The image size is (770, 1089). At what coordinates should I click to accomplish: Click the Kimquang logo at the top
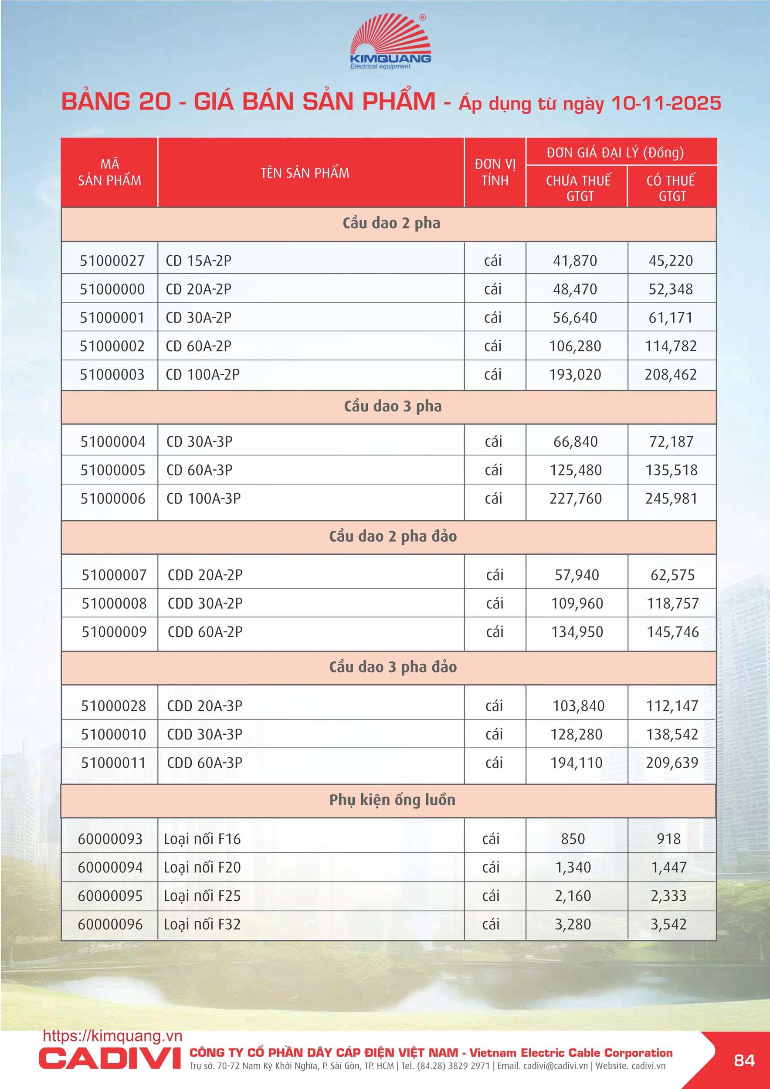(x=390, y=43)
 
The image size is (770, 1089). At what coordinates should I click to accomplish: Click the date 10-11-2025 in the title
(x=666, y=103)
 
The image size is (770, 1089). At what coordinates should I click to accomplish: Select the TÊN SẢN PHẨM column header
(x=305, y=173)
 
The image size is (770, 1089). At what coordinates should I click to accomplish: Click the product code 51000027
(x=112, y=261)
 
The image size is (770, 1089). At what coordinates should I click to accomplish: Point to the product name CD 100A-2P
(x=203, y=375)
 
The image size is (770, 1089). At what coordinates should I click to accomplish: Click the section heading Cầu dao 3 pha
(x=392, y=407)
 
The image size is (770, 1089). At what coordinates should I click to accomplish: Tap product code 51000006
(x=112, y=499)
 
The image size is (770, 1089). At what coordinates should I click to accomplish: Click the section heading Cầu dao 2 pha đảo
(x=392, y=536)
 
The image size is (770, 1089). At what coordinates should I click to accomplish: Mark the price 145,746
(x=672, y=632)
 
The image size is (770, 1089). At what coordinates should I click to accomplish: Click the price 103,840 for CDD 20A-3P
(x=578, y=706)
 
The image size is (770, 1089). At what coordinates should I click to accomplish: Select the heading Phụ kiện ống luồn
(x=392, y=800)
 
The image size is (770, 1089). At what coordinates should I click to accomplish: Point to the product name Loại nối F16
(x=202, y=839)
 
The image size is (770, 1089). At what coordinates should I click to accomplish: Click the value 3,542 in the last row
(x=668, y=924)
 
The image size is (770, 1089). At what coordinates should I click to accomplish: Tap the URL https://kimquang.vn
(x=112, y=1036)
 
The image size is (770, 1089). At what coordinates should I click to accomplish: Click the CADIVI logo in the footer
(x=110, y=1058)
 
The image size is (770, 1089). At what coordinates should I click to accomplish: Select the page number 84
(x=744, y=1061)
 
